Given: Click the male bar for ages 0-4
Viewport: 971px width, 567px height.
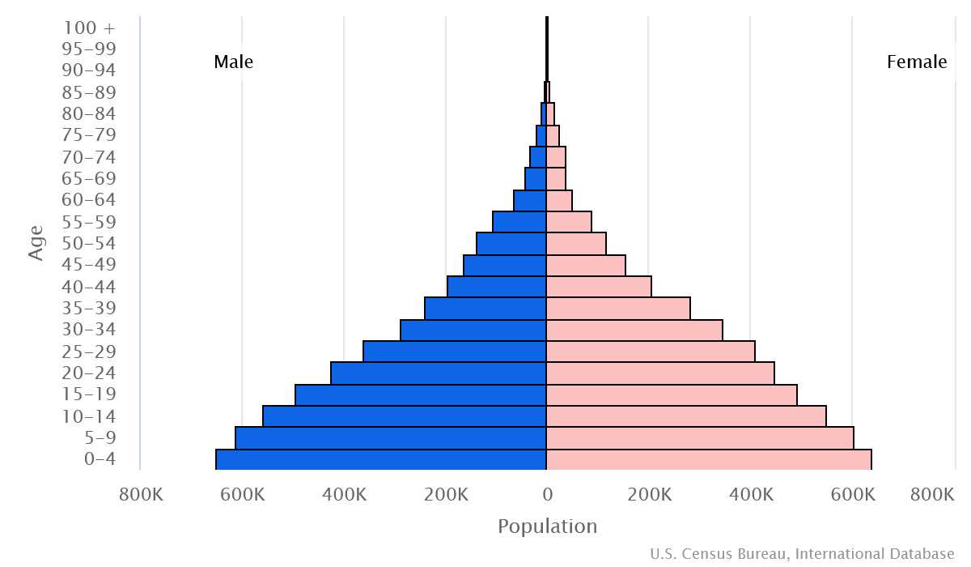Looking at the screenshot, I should coord(380,459).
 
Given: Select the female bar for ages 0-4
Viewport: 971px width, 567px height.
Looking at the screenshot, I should coord(708,459).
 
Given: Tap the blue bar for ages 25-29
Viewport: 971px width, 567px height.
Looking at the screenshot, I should coord(455,352).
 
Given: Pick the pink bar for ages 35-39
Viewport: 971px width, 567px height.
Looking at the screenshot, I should coord(618,309).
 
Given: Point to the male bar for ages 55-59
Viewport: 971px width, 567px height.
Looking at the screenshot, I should coord(519,222).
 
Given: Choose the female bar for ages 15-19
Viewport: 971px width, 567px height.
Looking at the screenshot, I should coord(672,394).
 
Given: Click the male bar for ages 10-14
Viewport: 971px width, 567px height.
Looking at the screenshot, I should coord(405,416).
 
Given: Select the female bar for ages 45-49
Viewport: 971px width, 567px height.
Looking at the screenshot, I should coord(586,265).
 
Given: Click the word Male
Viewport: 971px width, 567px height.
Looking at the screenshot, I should coord(233,62).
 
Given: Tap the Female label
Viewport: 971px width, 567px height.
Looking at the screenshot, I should coord(917,62).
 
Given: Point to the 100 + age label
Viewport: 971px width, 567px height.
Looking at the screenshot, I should coord(89,28).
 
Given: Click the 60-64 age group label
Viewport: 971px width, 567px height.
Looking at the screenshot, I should coord(89,200).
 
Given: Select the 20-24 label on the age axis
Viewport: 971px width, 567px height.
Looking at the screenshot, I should coord(89,373).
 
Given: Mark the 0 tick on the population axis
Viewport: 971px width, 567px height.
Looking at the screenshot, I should coord(547,494).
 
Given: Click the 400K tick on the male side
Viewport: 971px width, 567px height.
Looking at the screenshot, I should coord(345,494).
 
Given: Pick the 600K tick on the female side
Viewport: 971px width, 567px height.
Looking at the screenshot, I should coord(852,494).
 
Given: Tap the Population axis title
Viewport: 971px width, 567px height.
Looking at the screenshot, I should coord(547,526).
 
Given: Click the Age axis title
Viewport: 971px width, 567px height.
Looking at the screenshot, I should coord(36,243).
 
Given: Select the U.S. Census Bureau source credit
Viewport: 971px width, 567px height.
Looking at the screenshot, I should coord(802,554).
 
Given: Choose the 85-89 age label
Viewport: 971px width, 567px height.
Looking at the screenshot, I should coord(89,92).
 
